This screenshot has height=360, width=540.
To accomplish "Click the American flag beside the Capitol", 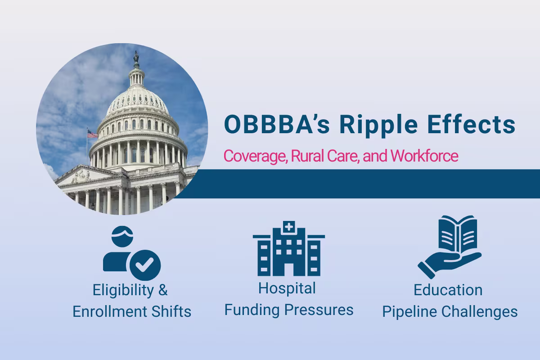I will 92,134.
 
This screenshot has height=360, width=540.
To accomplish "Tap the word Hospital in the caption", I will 287,288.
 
